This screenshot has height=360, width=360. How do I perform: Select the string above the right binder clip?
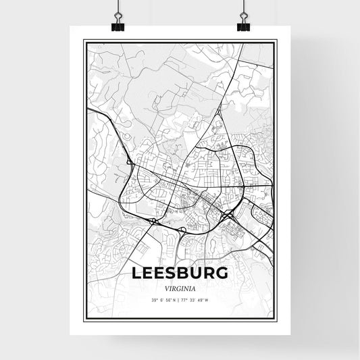tap(242, 7)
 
